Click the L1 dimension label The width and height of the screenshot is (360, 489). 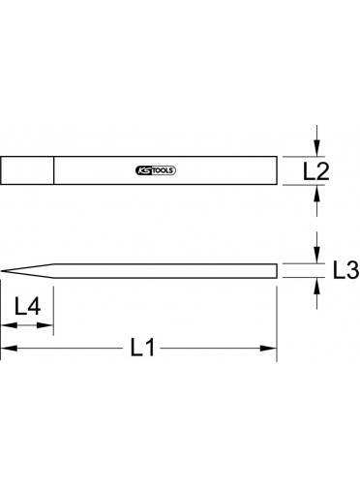[142, 348]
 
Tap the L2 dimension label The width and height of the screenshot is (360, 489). [316, 171]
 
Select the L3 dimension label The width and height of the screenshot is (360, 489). [345, 270]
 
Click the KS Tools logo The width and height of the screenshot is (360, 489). [156, 170]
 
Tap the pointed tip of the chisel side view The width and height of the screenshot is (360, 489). [1, 271]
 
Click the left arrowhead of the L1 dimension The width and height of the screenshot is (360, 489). [9, 349]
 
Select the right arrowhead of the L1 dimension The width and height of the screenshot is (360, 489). [269, 349]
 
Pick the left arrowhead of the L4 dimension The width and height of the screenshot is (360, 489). [9, 325]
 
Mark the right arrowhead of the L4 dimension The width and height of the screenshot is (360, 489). [45, 325]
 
